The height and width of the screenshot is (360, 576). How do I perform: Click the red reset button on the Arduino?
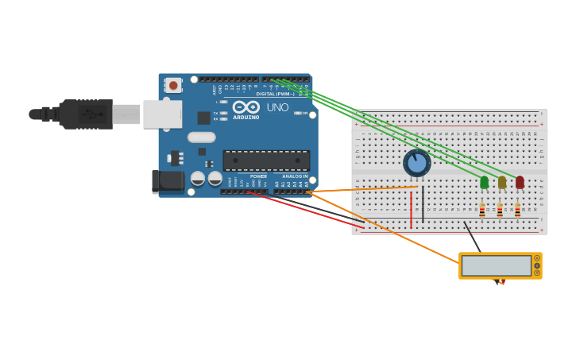point(173,85)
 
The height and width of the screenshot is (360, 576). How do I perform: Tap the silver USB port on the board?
point(162,114)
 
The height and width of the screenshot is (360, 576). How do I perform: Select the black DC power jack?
point(168,180)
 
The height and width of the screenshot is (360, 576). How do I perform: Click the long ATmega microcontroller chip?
point(266,161)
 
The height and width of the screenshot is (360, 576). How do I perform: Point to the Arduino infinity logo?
point(246,107)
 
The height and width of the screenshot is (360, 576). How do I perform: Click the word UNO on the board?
point(277,107)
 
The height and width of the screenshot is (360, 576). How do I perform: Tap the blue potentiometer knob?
point(416,163)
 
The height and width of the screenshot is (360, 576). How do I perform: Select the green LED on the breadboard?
point(485,182)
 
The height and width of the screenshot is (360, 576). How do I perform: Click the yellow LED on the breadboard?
point(502,182)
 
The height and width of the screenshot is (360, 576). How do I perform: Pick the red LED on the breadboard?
point(520,182)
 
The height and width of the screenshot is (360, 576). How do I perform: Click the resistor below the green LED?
point(482,210)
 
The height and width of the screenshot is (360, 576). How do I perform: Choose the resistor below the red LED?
point(517,210)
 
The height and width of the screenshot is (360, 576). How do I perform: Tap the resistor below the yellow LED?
point(500,210)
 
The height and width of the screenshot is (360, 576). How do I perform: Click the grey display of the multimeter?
point(496,265)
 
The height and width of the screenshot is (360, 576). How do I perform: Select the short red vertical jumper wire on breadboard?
point(412,208)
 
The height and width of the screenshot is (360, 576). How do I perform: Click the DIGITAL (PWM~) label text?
point(275,94)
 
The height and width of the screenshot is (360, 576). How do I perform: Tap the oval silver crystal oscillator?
point(202,137)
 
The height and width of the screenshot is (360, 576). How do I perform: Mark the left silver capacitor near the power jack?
point(198,178)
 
